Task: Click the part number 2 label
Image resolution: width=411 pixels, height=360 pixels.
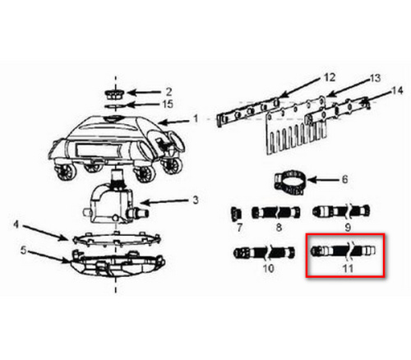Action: pos(169,91)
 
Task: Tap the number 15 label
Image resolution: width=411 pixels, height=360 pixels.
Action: pos(168,104)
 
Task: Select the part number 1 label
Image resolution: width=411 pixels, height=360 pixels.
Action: pos(196,119)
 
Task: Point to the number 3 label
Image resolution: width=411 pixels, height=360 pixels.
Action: pos(196,201)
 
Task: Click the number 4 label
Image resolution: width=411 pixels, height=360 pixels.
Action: pos(16,225)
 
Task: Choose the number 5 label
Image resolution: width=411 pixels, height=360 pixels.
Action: pos(24,251)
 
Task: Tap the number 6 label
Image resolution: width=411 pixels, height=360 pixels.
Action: pos(344,179)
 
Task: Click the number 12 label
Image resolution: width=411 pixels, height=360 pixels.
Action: pos(330,77)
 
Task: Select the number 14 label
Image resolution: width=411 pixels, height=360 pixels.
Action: pos(397,90)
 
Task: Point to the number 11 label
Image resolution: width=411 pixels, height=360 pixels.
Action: pos(348,268)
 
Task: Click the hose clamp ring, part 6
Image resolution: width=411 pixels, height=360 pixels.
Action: pos(290,182)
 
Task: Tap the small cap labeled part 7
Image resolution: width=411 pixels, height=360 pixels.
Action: pos(236,213)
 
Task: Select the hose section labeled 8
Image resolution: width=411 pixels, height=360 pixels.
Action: pos(276,213)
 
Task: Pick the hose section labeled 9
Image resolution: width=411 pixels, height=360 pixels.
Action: pos(341,211)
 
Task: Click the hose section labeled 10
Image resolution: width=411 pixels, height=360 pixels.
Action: pos(265,252)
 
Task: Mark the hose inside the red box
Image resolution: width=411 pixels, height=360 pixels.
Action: pos(343,251)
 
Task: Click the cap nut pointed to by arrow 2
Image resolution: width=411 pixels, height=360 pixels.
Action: pos(115,94)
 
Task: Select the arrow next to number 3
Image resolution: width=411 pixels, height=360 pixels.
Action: pos(164,203)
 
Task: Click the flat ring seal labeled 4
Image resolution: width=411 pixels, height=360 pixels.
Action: pos(116,238)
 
